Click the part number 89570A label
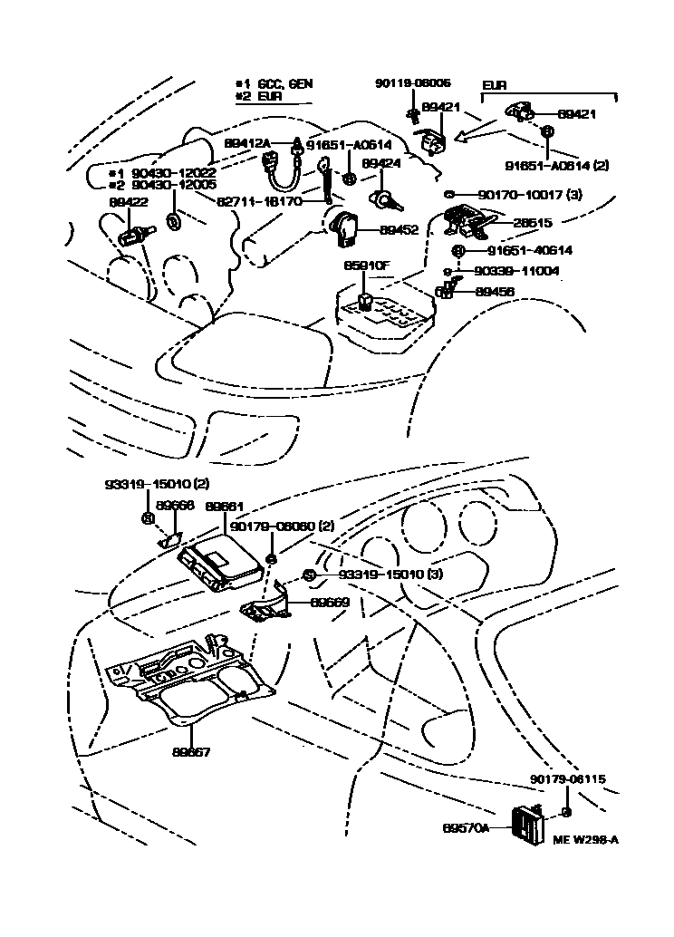(466, 828)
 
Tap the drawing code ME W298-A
(585, 840)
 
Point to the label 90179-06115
(568, 778)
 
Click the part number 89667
(191, 752)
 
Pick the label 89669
(330, 602)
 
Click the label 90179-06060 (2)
(282, 526)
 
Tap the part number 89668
(175, 506)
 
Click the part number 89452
(399, 230)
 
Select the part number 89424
(381, 164)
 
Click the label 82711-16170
(259, 201)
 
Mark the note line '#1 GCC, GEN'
(274, 83)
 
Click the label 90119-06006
(412, 83)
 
